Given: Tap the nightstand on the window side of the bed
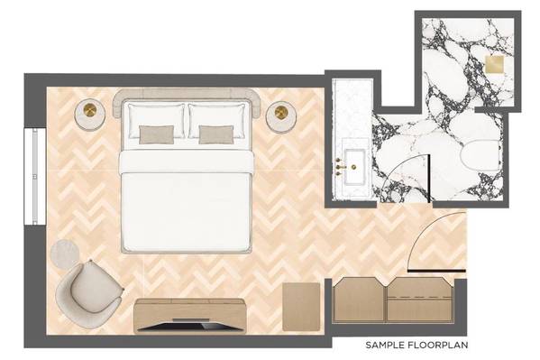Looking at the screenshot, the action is coord(90,115).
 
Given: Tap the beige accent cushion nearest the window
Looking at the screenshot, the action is coord(156,134).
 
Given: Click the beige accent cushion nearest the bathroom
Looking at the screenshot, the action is coord(216,134).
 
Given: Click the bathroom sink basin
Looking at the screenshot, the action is coord(354,167).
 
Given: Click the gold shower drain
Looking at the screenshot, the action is coord(494,64).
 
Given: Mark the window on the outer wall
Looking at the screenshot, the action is coord(35,177).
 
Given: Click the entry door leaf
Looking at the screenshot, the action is coord(436,271).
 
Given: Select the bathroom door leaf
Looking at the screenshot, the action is coord(429,179).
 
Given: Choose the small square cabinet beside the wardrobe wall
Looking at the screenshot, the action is coord(301,306).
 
